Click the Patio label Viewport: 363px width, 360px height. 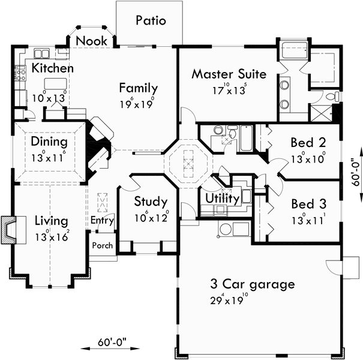tap(151, 20)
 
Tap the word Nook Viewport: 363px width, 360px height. tap(92, 41)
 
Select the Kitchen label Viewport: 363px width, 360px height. tap(53, 68)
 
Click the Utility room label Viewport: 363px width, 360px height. tap(223, 198)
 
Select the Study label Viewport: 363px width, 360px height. tap(150, 202)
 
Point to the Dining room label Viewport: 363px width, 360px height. tap(49, 143)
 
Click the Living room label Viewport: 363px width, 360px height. tap(50, 221)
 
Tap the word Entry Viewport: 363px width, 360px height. tap(102, 220)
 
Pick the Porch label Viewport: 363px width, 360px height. tap(102, 245)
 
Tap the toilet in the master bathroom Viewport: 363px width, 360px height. tap(329, 96)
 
